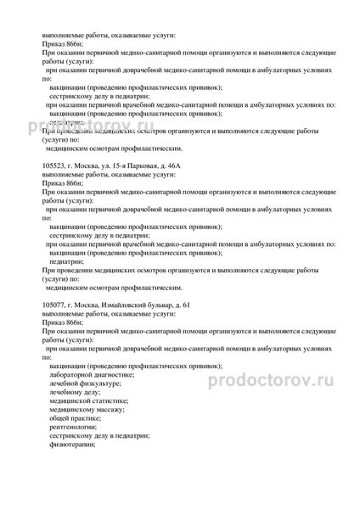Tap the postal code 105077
pyautogui.click(x=51, y=304)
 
